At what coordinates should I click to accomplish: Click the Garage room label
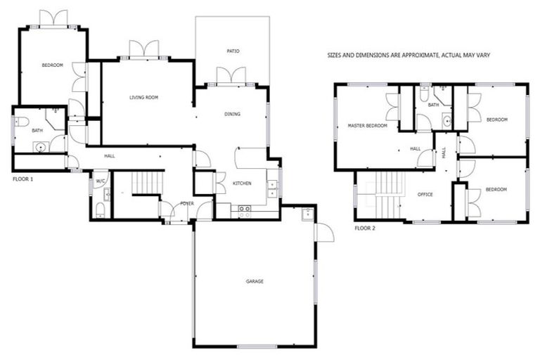coord(254,281)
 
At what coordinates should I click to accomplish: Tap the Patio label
coord(233,51)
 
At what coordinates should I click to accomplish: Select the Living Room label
coord(143,97)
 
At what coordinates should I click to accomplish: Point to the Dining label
coord(232,114)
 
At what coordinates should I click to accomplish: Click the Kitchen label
coord(242,184)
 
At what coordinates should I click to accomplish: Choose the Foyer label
coord(186,203)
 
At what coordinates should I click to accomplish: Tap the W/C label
coord(100,181)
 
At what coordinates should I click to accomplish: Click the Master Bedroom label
coord(367,126)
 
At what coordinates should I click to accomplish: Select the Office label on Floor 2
coord(425,194)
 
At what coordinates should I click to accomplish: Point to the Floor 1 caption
coord(23,179)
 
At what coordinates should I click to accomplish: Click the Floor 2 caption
coord(365,229)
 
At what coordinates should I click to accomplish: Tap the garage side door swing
coord(324,232)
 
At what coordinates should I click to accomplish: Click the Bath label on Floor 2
coord(433,105)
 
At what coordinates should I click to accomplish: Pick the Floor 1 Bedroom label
coord(52,65)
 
